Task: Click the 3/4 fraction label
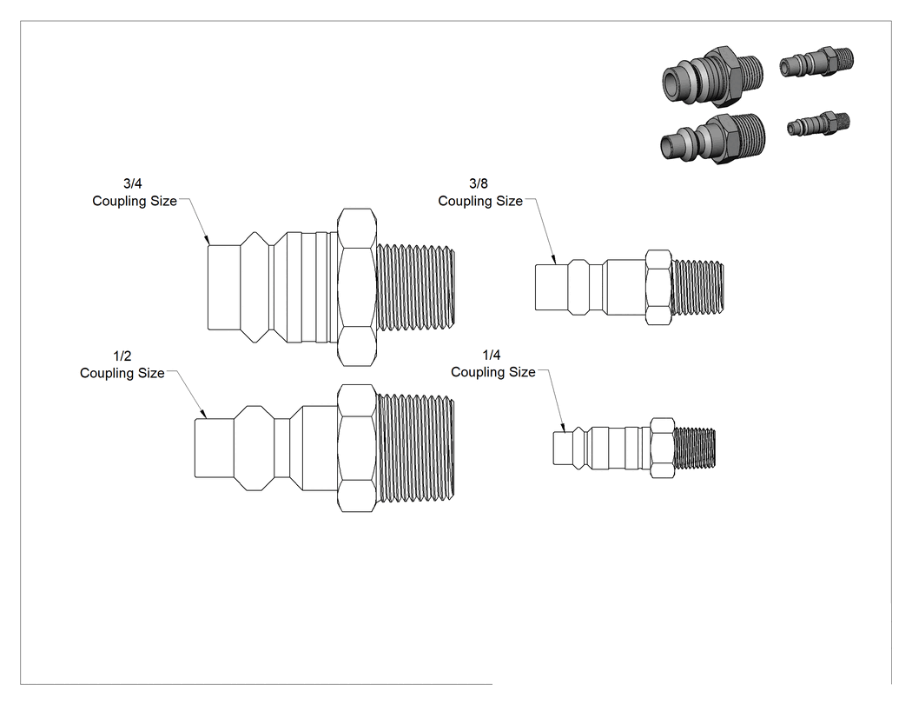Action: pyautogui.click(x=133, y=184)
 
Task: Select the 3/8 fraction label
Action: pyautogui.click(x=479, y=184)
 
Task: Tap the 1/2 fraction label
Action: pyautogui.click(x=122, y=356)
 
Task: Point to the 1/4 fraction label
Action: pyautogui.click(x=492, y=356)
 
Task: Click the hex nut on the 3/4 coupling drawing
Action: pyautogui.click(x=356, y=288)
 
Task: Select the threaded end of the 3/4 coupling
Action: pyautogui.click(x=416, y=288)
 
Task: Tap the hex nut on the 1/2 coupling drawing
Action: pyautogui.click(x=356, y=449)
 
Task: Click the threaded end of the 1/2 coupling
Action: pyautogui.click(x=416, y=449)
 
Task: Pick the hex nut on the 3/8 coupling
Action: pyautogui.click(x=659, y=287)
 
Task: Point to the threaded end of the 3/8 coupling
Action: pyautogui.click(x=698, y=287)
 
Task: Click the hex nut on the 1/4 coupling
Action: pyautogui.click(x=662, y=448)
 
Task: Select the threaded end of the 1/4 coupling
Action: pyautogui.click(x=695, y=448)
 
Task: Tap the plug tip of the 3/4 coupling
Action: pyautogui.click(x=224, y=288)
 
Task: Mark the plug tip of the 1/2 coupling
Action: pyautogui.click(x=214, y=449)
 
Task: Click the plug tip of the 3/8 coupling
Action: pyautogui.click(x=552, y=287)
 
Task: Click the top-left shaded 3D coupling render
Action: pyautogui.click(x=712, y=76)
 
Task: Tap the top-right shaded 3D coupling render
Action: pyautogui.click(x=816, y=63)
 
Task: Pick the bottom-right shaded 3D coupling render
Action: pyautogui.click(x=818, y=124)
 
